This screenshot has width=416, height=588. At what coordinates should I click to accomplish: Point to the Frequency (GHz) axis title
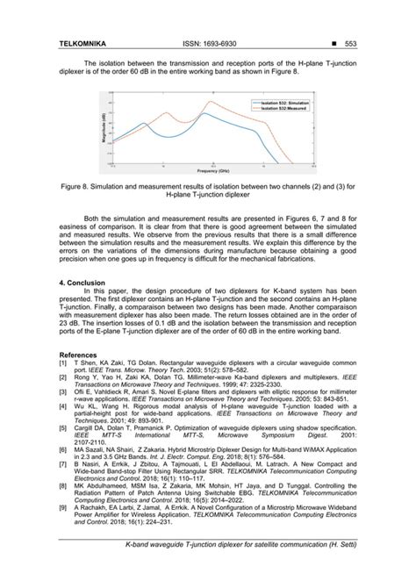pos(207,171)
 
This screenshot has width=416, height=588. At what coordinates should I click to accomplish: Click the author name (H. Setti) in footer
pos(341,571)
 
